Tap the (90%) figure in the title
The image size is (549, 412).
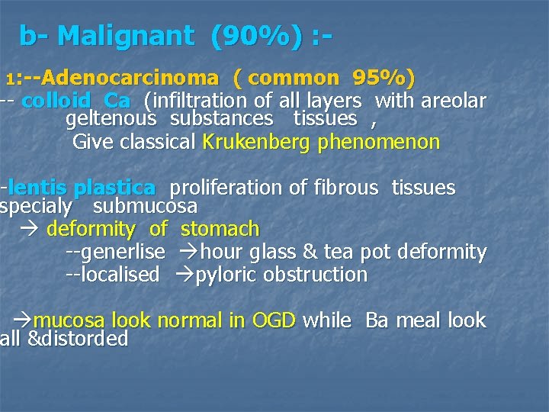[256, 35]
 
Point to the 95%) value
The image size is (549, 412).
[384, 78]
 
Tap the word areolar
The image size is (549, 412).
[454, 101]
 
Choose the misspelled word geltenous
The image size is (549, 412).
[111, 118]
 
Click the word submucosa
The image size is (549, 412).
[145, 206]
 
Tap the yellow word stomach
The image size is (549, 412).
[220, 229]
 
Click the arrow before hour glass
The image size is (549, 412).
[188, 252]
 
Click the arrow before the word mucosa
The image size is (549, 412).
[23, 320]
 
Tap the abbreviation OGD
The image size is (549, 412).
[272, 320]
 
